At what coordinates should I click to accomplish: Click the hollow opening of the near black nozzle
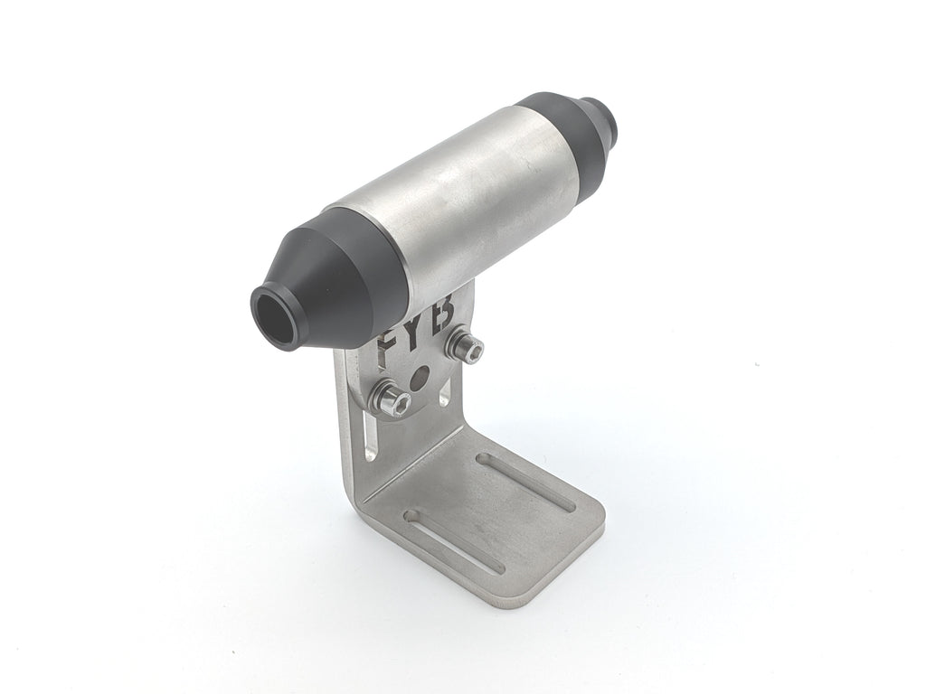tap(274, 317)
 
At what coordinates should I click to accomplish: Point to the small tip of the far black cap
tap(601, 120)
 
